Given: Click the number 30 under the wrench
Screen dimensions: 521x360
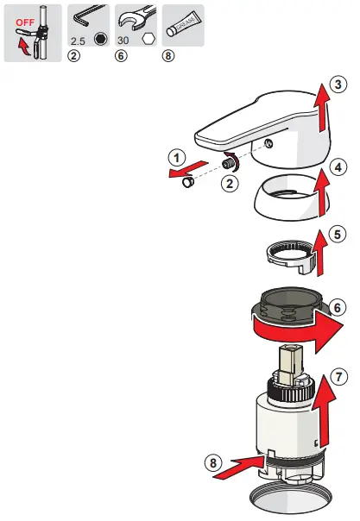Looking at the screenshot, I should click(123, 41).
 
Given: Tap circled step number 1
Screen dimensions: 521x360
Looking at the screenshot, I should click(176, 158).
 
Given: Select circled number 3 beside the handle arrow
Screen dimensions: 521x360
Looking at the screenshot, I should click(338, 84).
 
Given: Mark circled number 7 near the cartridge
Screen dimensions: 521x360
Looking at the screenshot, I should click(338, 376).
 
